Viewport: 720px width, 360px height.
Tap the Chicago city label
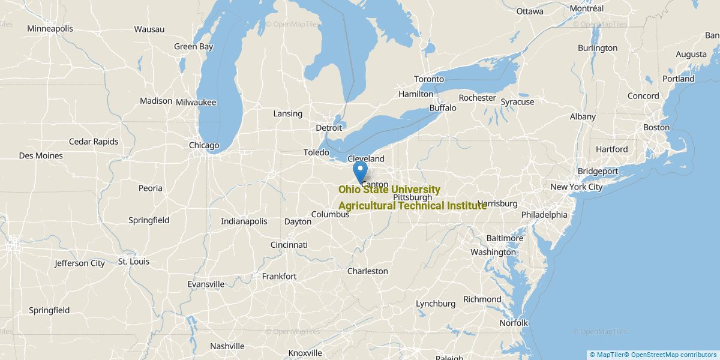(x=204, y=145)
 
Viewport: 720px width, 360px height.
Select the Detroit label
(x=329, y=128)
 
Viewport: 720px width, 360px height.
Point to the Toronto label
(x=429, y=79)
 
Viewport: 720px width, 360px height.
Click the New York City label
(x=576, y=187)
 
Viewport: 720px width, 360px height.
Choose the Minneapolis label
(x=50, y=29)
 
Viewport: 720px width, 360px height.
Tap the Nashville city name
(x=227, y=346)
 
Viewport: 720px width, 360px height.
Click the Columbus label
(x=330, y=214)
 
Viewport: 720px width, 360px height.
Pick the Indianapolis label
(x=244, y=221)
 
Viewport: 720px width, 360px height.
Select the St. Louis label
(x=134, y=262)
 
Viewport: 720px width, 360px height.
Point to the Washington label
(x=493, y=252)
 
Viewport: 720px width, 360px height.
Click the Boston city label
(x=656, y=127)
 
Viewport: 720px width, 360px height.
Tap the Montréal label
(x=587, y=8)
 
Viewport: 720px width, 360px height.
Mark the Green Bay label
(x=193, y=46)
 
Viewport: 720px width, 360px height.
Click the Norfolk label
(x=514, y=323)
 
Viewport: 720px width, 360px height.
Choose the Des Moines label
(x=41, y=156)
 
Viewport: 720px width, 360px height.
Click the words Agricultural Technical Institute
(x=412, y=206)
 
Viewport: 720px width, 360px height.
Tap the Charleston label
(x=368, y=271)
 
